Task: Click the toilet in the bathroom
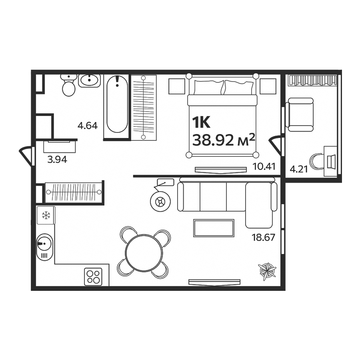69,86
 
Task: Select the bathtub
117,106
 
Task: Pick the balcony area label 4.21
298,169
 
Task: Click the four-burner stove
93,276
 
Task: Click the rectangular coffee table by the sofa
213,228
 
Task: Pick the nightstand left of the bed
176,86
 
